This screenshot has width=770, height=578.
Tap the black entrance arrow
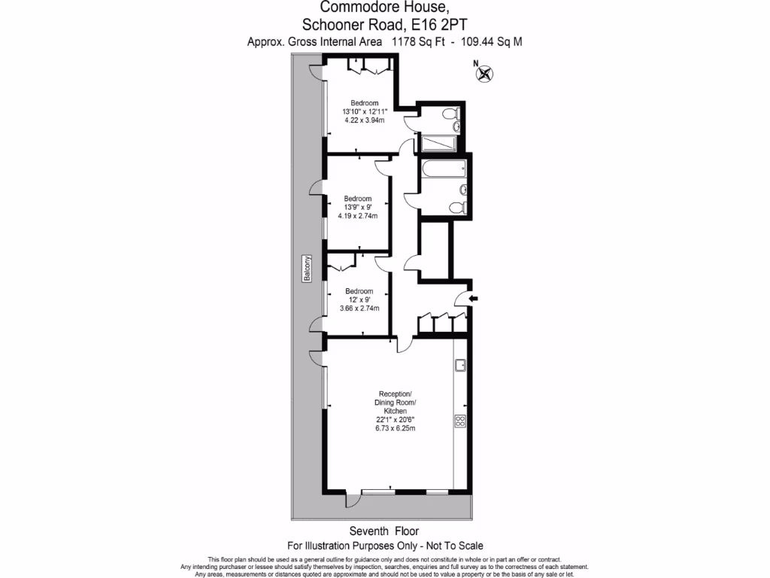(x=474, y=300)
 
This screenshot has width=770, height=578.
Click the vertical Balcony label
(x=307, y=269)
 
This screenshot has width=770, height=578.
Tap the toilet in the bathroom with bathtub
(x=457, y=207)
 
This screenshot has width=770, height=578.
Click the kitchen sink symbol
(x=460, y=367)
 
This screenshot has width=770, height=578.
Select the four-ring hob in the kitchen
(x=460, y=421)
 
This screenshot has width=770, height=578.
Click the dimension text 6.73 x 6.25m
(x=395, y=428)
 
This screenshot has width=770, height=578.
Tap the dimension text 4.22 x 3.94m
(x=364, y=120)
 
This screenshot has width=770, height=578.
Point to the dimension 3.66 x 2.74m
(x=359, y=308)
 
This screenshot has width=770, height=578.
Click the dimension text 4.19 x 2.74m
(x=359, y=216)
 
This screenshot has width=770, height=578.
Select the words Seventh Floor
(x=384, y=531)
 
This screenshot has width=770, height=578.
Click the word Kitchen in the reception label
(x=395, y=412)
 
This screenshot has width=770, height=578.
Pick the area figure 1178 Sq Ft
(x=417, y=42)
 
